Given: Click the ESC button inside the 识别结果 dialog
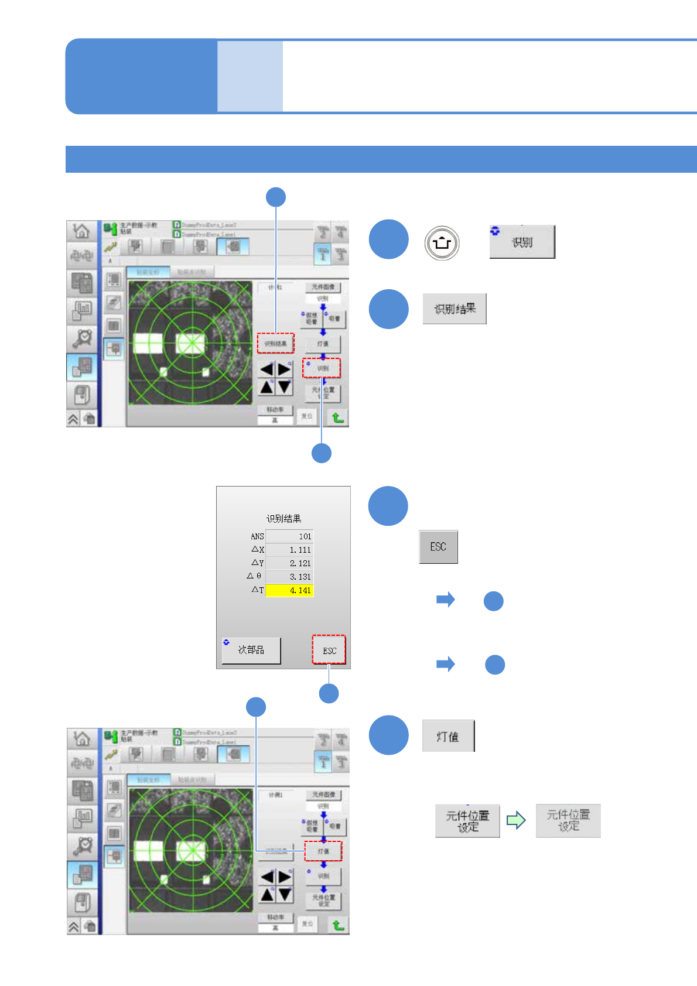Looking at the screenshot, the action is [329, 650].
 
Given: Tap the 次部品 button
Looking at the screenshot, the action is [251, 650].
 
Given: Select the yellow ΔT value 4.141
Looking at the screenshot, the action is [289, 590].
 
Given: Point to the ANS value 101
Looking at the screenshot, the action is [289, 536].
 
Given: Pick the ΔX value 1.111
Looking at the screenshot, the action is [289, 550].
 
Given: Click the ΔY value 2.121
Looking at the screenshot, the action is [289, 563].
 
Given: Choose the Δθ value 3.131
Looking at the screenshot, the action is [289, 577].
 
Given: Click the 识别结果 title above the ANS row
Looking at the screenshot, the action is [283, 519].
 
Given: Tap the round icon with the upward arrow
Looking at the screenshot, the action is [442, 242].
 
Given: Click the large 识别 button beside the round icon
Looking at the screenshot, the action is [522, 242].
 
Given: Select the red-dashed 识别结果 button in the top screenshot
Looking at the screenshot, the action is [275, 343].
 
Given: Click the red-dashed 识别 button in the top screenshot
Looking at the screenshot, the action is [322, 368].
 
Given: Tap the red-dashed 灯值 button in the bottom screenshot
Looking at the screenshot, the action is [323, 851].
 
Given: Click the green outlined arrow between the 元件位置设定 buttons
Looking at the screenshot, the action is [516, 820].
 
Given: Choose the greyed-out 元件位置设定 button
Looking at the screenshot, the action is [568, 820].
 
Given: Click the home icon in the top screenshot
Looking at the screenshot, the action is [81, 231].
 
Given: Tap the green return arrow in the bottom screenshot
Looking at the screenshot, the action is [338, 925].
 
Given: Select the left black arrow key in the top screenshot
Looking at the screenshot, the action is [267, 369].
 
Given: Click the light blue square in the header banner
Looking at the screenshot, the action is [250, 76].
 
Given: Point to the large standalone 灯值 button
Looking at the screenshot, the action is [448, 736].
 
